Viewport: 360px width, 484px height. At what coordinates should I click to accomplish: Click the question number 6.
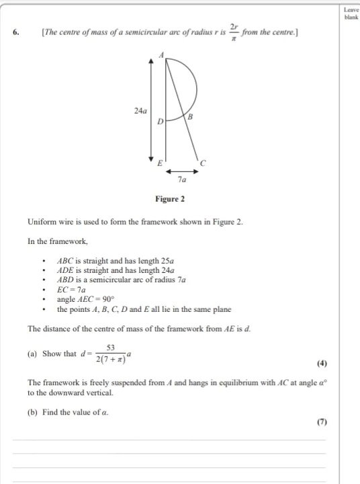pyautogui.click(x=15, y=32)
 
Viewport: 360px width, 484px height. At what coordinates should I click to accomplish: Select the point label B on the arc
pyautogui.click(x=190, y=117)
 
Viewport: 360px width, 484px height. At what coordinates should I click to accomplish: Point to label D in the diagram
pyautogui.click(x=160, y=122)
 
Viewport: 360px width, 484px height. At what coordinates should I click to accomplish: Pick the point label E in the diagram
pyautogui.click(x=159, y=163)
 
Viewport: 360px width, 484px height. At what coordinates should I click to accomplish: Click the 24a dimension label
pyautogui.click(x=140, y=110)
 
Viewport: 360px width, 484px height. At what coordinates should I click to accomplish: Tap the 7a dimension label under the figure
pyautogui.click(x=182, y=180)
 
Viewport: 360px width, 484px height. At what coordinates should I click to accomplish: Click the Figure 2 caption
pyautogui.click(x=170, y=199)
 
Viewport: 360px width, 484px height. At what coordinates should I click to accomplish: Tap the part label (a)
pyautogui.click(x=33, y=354)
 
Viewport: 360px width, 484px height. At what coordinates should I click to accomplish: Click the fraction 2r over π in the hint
pyautogui.click(x=234, y=31)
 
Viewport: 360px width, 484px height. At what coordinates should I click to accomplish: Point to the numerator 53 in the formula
pyautogui.click(x=110, y=348)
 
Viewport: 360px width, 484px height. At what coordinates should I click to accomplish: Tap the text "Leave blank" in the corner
pyautogui.click(x=350, y=13)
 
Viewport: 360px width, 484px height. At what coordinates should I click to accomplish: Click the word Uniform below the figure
pyautogui.click(x=41, y=222)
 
